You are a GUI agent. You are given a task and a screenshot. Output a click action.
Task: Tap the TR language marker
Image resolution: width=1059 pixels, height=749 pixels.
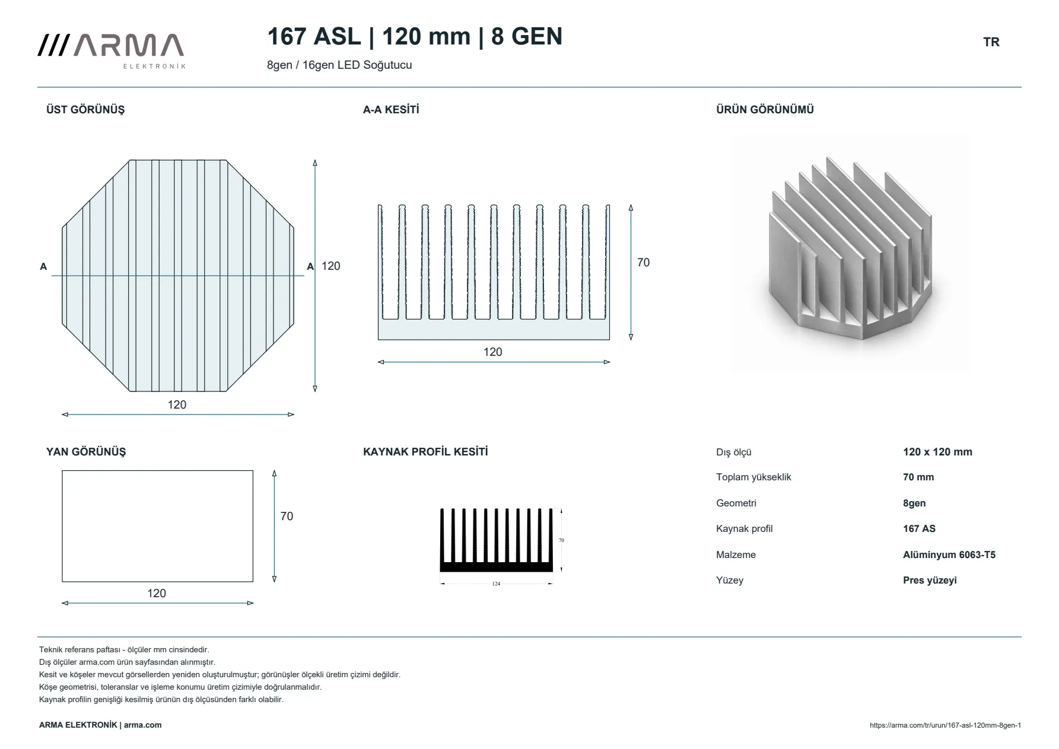tap(991, 42)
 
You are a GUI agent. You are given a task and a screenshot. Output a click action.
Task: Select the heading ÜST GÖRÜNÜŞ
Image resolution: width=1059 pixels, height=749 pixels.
tap(85, 110)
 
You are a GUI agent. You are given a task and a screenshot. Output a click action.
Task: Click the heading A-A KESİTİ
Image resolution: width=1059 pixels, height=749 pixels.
tap(391, 110)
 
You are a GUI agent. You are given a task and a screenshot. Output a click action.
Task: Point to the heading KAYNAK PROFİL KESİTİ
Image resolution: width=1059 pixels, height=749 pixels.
tap(425, 452)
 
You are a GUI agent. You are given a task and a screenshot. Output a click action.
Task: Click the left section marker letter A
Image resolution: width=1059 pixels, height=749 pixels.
tap(43, 267)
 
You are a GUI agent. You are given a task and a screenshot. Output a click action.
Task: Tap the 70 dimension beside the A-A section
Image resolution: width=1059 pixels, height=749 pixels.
tap(643, 263)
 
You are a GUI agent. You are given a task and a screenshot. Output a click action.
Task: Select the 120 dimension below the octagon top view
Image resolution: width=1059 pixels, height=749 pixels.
tap(177, 405)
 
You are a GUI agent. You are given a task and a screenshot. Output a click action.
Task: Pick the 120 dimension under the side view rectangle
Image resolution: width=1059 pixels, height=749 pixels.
tap(157, 594)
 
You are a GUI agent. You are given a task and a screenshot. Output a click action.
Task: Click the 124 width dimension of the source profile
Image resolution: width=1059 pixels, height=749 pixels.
tap(496, 584)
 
